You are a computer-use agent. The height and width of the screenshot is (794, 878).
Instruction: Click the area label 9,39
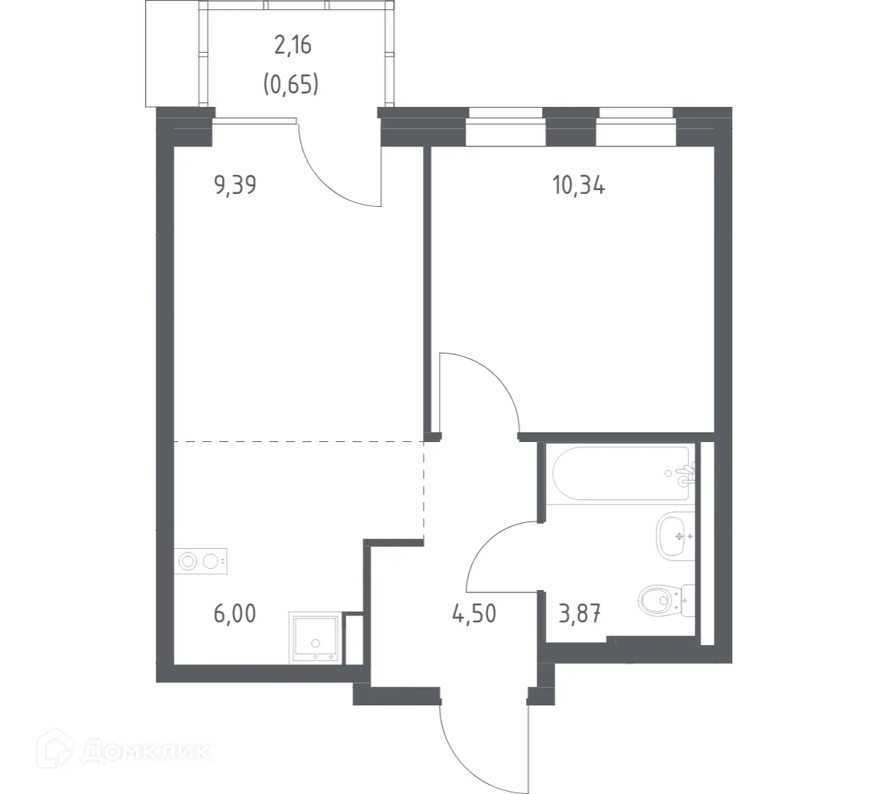point(235,185)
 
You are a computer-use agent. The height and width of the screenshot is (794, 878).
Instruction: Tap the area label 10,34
point(579,185)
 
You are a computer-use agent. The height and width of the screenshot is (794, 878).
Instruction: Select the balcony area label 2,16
point(292,46)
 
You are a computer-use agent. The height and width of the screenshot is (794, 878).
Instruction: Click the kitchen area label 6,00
point(235,612)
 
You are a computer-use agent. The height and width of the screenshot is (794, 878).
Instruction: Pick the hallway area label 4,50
point(476,612)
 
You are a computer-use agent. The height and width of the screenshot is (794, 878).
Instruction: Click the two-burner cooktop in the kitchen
point(202,562)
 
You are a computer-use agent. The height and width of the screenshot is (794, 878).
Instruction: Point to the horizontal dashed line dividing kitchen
point(298,441)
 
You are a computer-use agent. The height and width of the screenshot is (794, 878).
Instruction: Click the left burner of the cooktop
point(188,562)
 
